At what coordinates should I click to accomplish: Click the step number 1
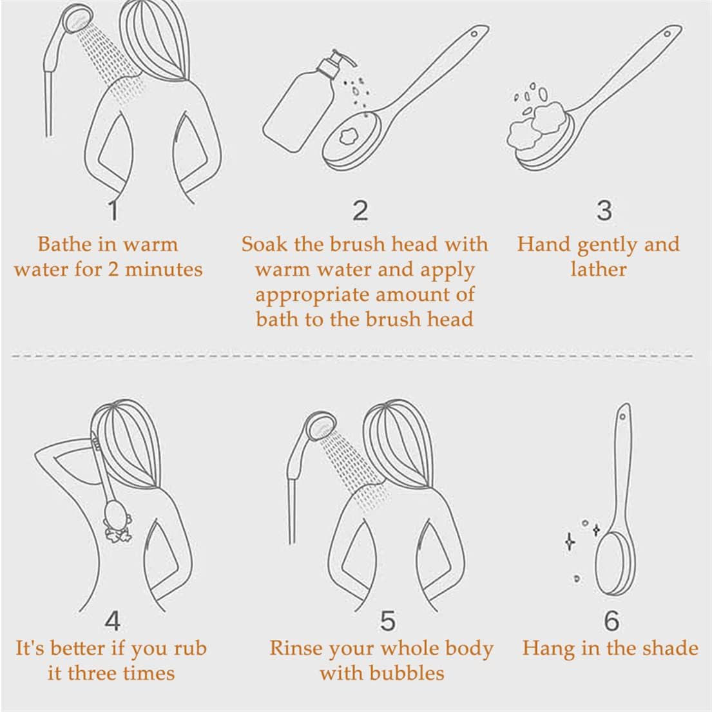113,211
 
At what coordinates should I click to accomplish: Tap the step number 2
361,211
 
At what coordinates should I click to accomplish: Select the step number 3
604,211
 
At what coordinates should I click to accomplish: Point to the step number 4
112,621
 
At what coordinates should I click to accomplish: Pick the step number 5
387,621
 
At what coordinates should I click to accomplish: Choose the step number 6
611,621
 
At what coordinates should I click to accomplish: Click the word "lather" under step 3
598,269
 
